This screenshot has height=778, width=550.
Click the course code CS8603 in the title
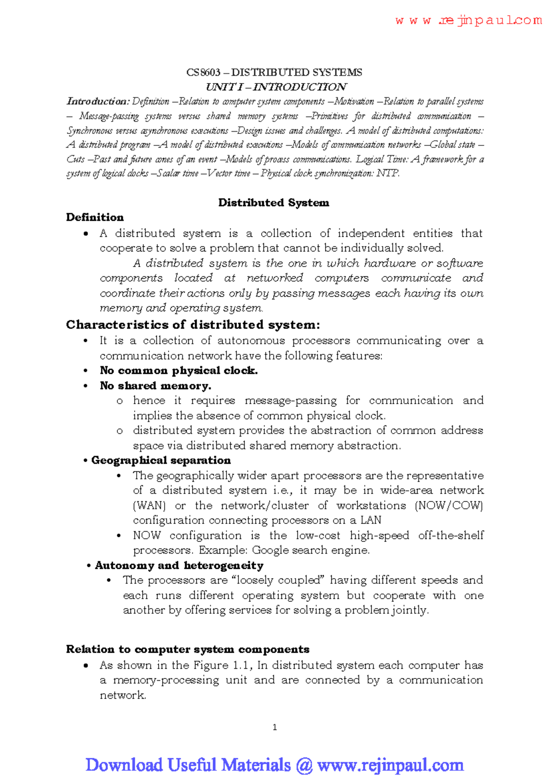[x=203, y=72]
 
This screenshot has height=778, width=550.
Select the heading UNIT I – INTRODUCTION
[x=276, y=87]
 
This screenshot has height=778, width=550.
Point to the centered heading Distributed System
[x=274, y=203]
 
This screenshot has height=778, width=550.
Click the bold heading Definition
[x=95, y=217]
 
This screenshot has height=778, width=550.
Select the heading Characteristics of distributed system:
[x=193, y=325]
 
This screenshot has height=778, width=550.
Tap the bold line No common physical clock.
[x=179, y=371]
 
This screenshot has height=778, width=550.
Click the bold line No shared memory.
[x=155, y=386]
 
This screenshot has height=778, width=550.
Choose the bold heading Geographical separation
[x=161, y=460]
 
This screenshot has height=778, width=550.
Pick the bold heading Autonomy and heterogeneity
[x=179, y=565]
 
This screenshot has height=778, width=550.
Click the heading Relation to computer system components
[x=187, y=649]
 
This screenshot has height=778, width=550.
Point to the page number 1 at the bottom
[x=275, y=727]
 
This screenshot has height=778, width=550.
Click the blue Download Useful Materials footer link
[x=275, y=765]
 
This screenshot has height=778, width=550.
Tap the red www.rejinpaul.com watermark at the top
[x=468, y=21]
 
